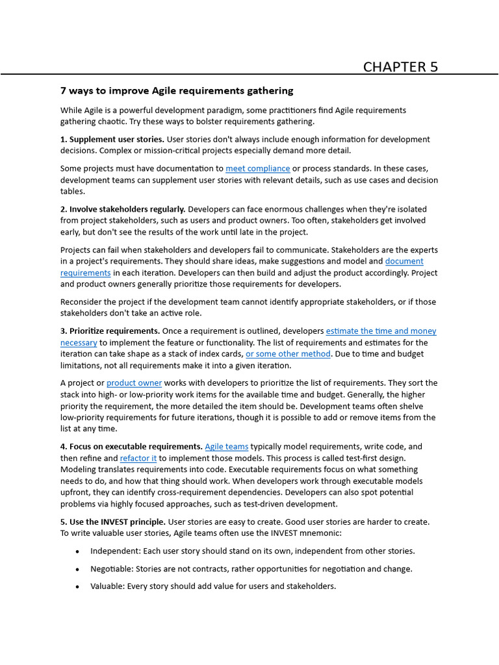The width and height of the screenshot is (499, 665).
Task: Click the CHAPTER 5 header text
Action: click(x=400, y=67)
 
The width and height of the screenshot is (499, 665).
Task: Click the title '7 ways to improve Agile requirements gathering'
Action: click(x=177, y=91)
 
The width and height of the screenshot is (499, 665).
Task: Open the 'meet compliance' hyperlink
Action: click(x=257, y=169)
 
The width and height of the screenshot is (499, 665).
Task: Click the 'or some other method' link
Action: click(x=288, y=354)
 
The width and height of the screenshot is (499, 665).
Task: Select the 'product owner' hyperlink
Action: click(x=134, y=383)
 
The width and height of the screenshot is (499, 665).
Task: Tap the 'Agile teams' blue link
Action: click(x=226, y=447)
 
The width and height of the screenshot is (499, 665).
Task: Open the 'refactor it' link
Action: click(x=138, y=458)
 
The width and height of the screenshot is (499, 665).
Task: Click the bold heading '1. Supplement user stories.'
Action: click(x=112, y=140)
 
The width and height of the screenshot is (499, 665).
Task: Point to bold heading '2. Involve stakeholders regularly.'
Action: click(x=123, y=209)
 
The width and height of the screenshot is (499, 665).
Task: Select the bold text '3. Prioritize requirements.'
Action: click(x=110, y=331)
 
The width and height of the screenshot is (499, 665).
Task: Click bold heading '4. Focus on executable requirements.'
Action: click(x=131, y=447)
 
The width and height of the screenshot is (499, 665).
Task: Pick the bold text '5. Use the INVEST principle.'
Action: click(x=113, y=521)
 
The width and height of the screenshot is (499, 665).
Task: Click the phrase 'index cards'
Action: click(x=221, y=354)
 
